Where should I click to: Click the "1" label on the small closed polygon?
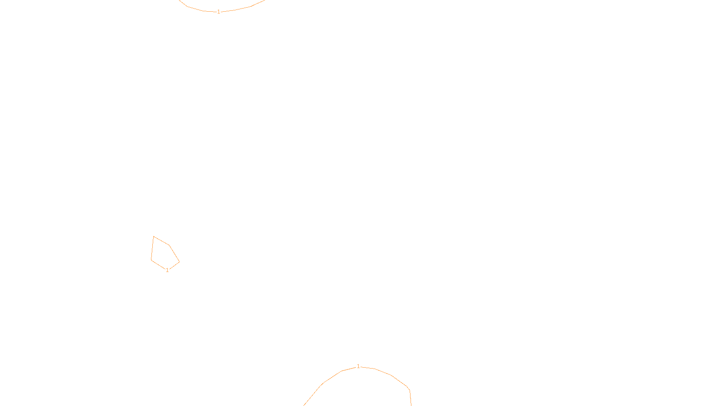pyautogui.click(x=167, y=270)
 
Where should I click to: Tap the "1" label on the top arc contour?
pyautogui.click(x=219, y=12)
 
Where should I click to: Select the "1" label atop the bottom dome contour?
pyautogui.click(x=358, y=366)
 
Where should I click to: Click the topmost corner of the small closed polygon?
pyautogui.click(x=154, y=236)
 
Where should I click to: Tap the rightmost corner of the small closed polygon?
pyautogui.click(x=179, y=262)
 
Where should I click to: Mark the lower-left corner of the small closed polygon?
pyautogui.click(x=151, y=259)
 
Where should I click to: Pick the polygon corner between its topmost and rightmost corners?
pyautogui.click(x=169, y=245)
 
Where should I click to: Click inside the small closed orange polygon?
pyautogui.click(x=163, y=255)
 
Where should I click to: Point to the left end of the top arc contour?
pyautogui.click(x=179, y=0)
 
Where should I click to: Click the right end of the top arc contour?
pyautogui.click(x=265, y=0)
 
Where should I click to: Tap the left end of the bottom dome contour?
pyautogui.click(x=304, y=405)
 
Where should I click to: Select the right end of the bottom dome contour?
pyautogui.click(x=411, y=405)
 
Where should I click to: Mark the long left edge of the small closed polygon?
pyautogui.click(x=152, y=248)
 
